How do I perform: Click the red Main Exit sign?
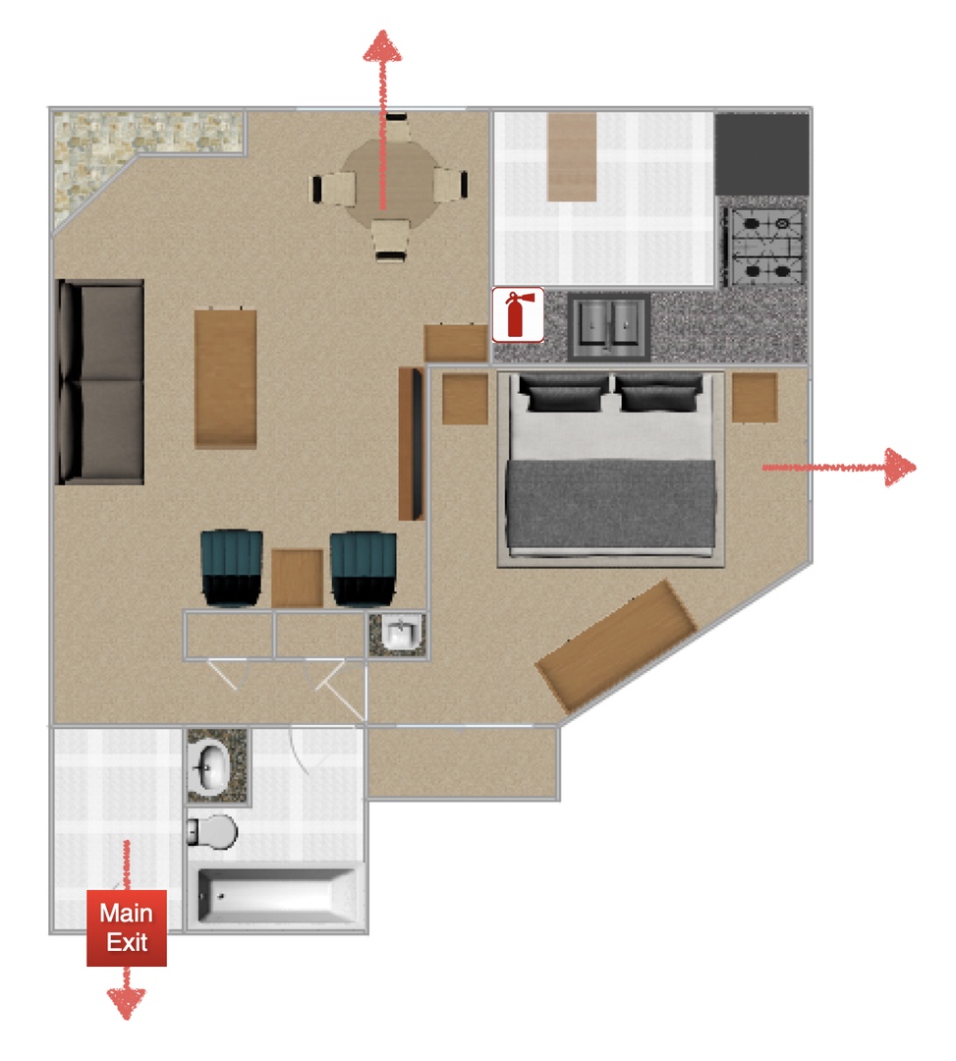point(127,927)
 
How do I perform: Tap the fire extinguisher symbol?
point(518,314)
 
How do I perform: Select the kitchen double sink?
point(609,325)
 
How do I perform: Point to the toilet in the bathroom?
point(212,832)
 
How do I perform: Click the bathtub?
point(277,896)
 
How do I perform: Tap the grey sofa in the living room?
point(100,381)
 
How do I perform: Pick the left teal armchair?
point(232,567)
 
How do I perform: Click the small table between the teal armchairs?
point(297,578)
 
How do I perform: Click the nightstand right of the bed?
point(755,397)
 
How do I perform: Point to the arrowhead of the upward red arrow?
point(383,46)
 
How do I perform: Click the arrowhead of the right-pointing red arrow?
point(900,467)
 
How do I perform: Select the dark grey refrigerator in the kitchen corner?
point(761,153)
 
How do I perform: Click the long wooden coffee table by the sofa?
point(225,379)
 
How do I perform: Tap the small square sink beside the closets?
point(398,635)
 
